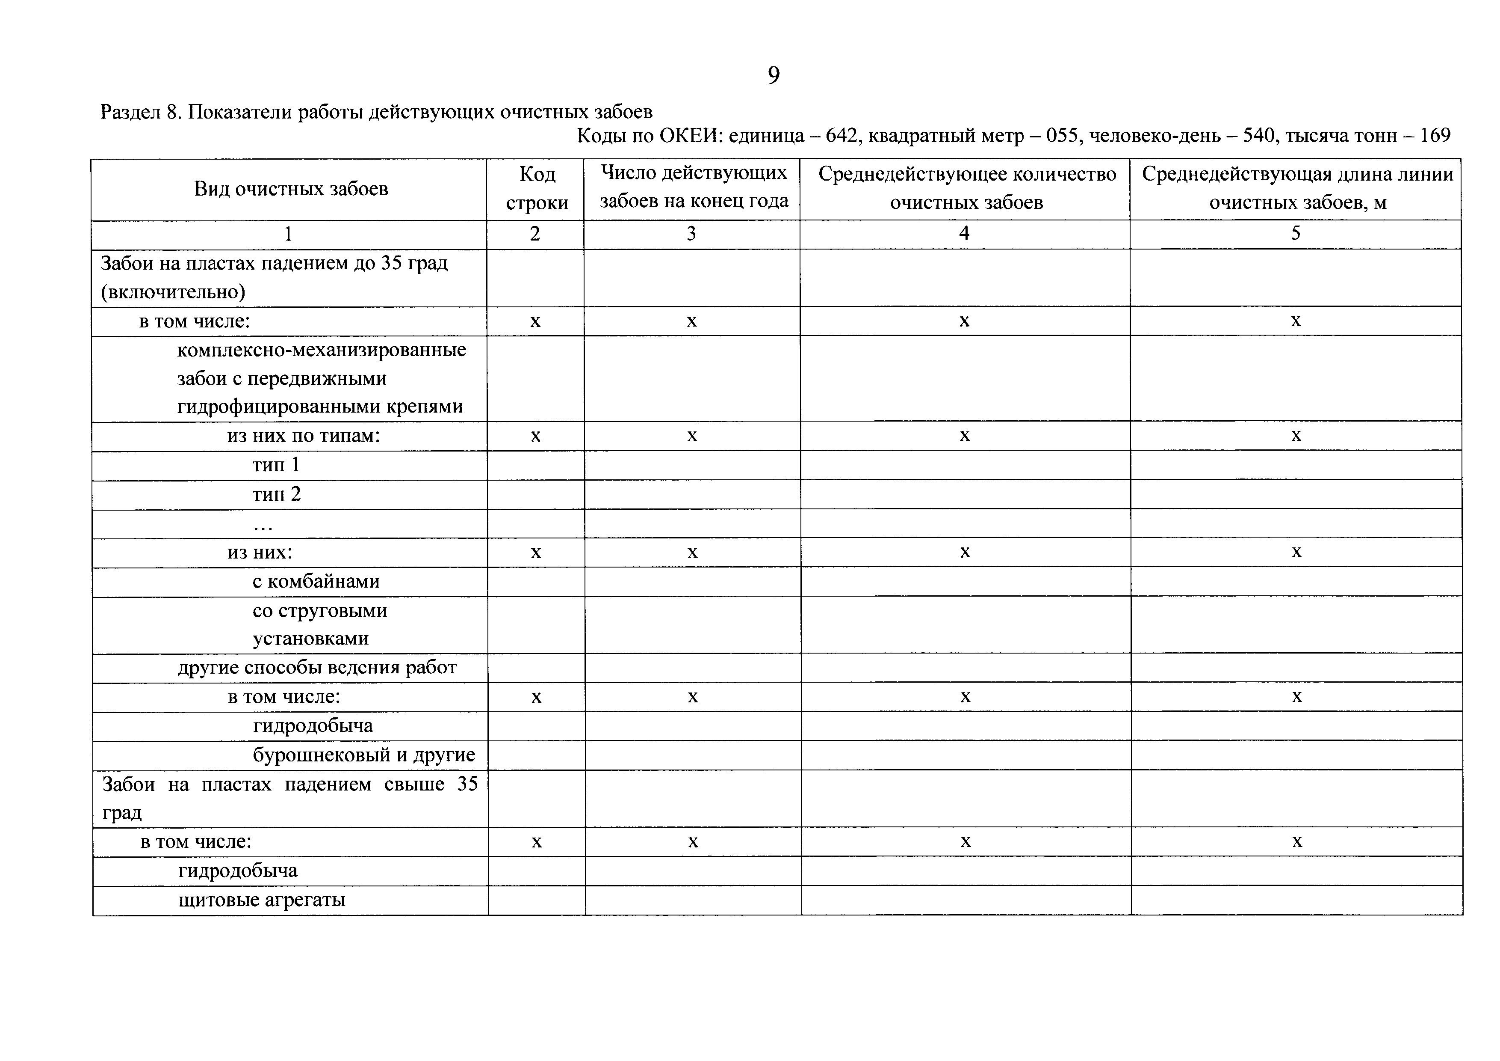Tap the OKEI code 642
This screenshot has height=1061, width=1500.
point(840,136)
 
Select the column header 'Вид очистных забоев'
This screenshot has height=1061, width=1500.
point(291,189)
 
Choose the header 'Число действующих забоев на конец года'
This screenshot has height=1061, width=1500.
point(693,187)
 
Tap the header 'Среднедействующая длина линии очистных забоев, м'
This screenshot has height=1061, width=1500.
point(1297,188)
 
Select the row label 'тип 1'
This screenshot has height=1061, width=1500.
point(276,465)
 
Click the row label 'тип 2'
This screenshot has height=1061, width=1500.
point(276,494)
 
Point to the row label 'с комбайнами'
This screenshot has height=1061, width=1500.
point(316,581)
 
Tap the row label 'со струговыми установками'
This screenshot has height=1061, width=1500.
point(319,624)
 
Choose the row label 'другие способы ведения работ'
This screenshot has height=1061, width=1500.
point(317,667)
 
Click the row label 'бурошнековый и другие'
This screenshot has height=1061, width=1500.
point(364,755)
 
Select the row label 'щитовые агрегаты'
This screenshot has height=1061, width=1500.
point(261,900)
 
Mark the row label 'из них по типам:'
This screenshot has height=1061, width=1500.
point(303,435)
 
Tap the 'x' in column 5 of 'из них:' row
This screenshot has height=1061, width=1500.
point(1297,553)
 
